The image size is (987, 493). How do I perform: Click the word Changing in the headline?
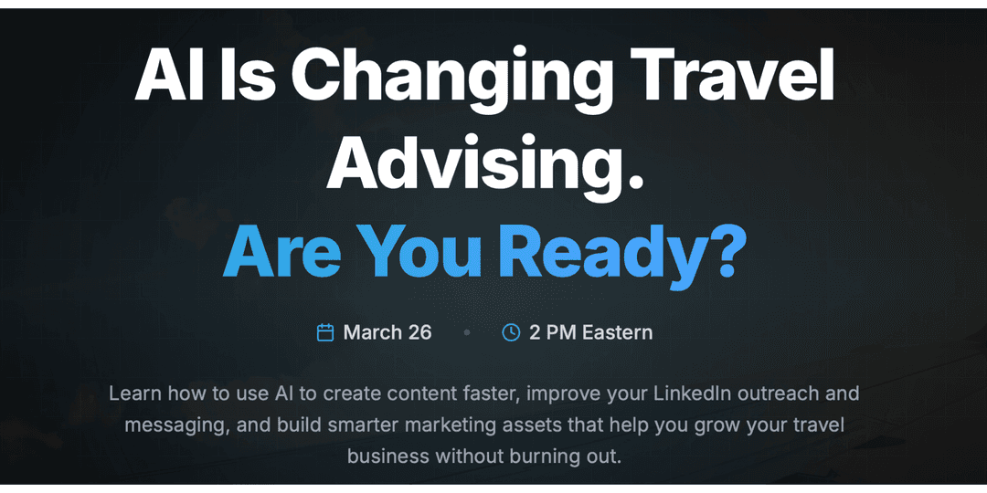tap(457, 79)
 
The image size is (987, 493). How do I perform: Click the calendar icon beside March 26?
tap(325, 332)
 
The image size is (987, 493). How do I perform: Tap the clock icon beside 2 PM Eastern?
tap(511, 332)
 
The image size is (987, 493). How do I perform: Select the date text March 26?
tap(387, 332)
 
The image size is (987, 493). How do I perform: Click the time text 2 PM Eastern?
tap(591, 332)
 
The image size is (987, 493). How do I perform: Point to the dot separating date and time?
tap(467, 333)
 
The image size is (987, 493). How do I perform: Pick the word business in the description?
tap(387, 456)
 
